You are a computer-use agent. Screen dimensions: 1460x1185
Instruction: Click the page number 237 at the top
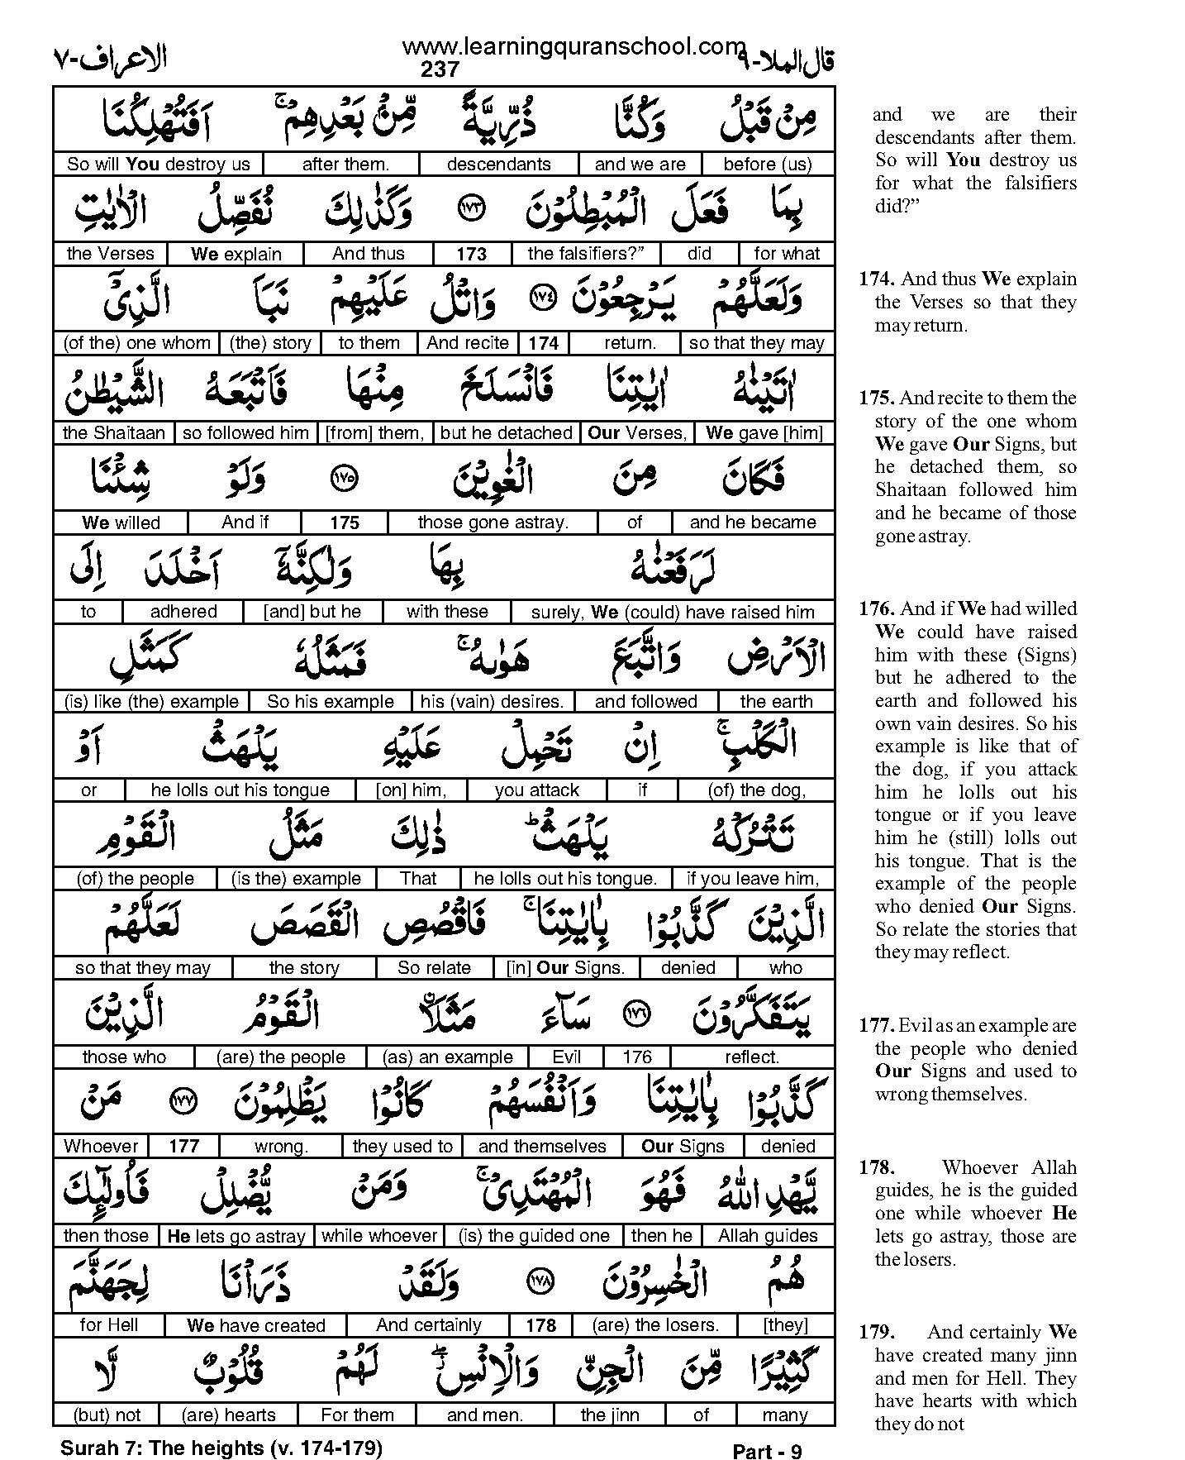pos(440,69)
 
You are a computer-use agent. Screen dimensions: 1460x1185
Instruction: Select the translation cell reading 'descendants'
pos(498,164)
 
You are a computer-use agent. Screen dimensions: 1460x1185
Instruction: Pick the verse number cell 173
pos(471,254)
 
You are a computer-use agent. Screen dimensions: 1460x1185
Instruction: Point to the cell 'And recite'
pos(468,343)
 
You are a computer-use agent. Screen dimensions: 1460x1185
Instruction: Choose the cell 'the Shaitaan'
pos(114,432)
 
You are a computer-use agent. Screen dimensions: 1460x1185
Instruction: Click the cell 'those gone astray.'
pos(493,522)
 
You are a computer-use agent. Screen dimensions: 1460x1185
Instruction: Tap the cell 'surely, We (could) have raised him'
pos(672,612)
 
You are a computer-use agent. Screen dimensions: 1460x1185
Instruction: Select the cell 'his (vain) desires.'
pos(492,702)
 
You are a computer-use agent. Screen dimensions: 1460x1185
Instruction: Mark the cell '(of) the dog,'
pos(756,790)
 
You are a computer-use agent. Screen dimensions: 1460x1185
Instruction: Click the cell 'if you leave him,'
pos(752,879)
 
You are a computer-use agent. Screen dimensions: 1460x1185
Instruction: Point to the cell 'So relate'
pos(434,967)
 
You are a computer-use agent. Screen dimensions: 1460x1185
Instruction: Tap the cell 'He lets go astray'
pos(236,1236)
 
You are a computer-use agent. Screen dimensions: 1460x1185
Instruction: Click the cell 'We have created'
pos(256,1325)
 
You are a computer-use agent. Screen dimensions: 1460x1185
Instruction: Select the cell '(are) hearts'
pos(229,1415)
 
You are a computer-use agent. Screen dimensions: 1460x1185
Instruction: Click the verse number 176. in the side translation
pos(876,609)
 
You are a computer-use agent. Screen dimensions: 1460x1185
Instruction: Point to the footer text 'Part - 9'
pos(767,1452)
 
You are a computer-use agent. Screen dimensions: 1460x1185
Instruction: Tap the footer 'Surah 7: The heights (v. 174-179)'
pos(221,1448)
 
